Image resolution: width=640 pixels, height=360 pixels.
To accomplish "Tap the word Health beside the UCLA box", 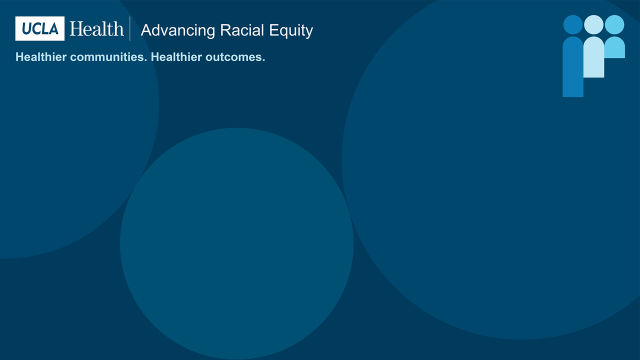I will click(x=96, y=29).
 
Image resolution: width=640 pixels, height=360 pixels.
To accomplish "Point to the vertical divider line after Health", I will click(x=131, y=29).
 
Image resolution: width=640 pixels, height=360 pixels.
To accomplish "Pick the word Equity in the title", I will click(x=290, y=31).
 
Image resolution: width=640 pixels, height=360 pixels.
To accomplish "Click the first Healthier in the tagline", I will click(x=40, y=57).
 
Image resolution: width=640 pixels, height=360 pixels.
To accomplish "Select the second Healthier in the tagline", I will click(x=175, y=57).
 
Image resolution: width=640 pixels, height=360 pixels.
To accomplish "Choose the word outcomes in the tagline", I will click(x=234, y=57).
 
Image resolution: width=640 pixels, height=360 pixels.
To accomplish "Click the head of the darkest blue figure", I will click(x=572, y=24).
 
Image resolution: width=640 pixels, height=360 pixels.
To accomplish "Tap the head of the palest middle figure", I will click(x=594, y=24).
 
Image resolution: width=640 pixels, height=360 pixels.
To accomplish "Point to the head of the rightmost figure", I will click(x=615, y=24).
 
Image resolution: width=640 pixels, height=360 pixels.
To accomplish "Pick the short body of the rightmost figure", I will click(x=615, y=47).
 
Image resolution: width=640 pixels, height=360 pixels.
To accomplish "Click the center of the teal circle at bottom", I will click(x=237, y=244).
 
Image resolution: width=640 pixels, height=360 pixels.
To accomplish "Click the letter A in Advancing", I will click(x=147, y=30).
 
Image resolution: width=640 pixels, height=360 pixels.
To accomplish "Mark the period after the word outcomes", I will click(x=263, y=60).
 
